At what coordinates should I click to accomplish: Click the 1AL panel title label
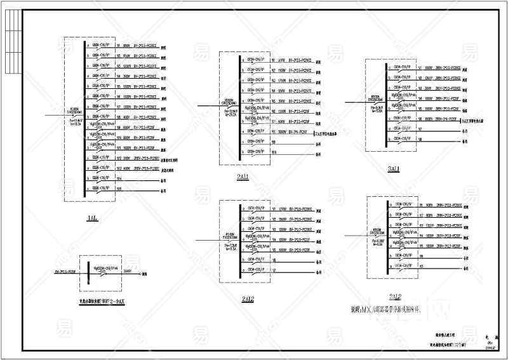pyautogui.click(x=93, y=218)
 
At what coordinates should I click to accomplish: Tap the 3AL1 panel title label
pyautogui.click(x=394, y=169)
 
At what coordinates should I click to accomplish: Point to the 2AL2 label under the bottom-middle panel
pyautogui.click(x=248, y=300)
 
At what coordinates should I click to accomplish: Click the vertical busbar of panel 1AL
pyautogui.click(x=85, y=117)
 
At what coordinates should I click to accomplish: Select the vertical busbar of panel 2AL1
pyautogui.click(x=238, y=105)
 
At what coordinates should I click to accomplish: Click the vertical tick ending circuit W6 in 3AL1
pyautogui.click(x=463, y=119)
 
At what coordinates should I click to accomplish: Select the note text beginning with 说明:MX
pyautogui.click(x=385, y=310)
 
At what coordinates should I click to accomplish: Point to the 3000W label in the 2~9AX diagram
pyautogui.click(x=128, y=270)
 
